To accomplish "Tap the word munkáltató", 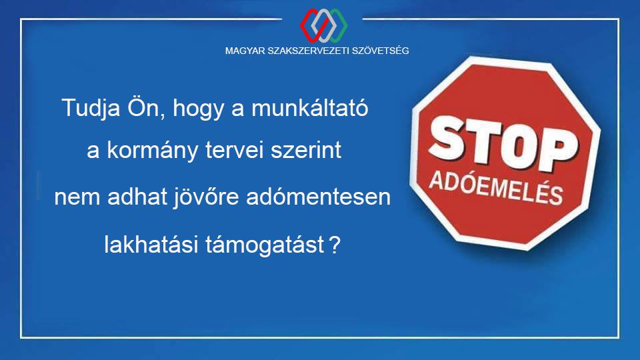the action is pyautogui.click(x=310, y=107).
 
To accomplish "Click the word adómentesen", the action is pyautogui.click(x=319, y=197).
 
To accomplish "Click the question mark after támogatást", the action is pyautogui.click(x=334, y=245).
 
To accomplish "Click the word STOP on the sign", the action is pyautogui.click(x=503, y=144).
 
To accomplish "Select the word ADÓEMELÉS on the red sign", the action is pyautogui.click(x=496, y=187).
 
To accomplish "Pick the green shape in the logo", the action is pyautogui.click(x=338, y=26).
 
